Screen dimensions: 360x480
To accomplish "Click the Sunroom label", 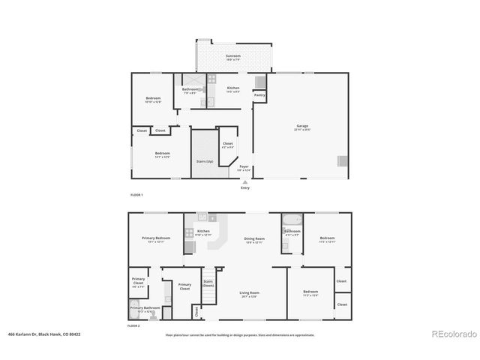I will (x=233, y=57).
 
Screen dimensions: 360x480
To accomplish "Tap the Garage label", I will (x=302, y=127).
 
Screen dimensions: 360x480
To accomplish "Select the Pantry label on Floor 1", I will (x=259, y=95).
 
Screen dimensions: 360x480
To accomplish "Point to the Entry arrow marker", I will (x=244, y=181).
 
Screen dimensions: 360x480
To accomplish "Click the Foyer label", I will (x=244, y=168).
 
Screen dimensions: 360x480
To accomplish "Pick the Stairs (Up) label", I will (x=204, y=160).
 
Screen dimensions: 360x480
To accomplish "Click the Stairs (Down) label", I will (x=208, y=284).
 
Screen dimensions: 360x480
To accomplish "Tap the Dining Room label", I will (x=254, y=240).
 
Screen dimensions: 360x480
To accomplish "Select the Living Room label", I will (x=249, y=293).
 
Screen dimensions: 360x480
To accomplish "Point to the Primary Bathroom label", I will (x=145, y=308).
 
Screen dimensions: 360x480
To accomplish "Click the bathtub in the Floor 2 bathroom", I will (x=291, y=220).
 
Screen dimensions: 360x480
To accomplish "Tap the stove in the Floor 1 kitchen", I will (x=211, y=78).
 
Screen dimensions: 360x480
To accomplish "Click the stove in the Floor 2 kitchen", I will (x=202, y=217).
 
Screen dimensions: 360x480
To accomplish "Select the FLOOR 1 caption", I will (x=136, y=195).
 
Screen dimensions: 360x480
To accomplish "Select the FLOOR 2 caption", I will (x=133, y=327).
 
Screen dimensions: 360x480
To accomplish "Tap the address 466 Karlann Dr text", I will (x=43, y=335).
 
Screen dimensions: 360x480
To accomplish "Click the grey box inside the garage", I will (x=342, y=160).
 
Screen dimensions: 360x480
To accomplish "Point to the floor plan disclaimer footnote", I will (x=240, y=335).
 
